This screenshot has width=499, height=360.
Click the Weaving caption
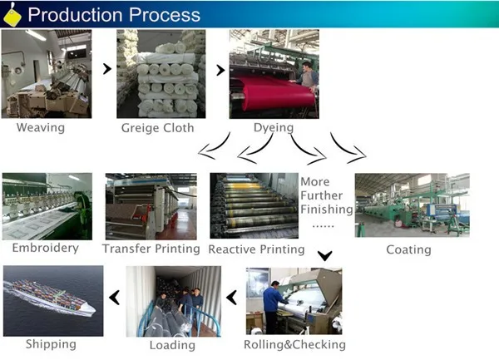point(40,128)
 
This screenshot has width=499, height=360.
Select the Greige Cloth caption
point(157,128)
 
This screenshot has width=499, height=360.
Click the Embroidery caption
point(46,248)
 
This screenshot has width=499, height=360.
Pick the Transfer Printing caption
point(151,249)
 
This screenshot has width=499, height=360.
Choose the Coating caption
point(408,249)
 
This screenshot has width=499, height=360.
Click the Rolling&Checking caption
point(294,344)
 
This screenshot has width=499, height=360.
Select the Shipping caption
point(51,344)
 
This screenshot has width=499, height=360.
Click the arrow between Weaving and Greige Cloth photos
point(106,70)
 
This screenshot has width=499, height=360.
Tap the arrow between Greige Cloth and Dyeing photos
point(220,70)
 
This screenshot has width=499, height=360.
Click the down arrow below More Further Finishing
point(327,255)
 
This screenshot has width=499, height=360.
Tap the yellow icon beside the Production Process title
point(12,14)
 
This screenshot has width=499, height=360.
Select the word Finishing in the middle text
point(326,210)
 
